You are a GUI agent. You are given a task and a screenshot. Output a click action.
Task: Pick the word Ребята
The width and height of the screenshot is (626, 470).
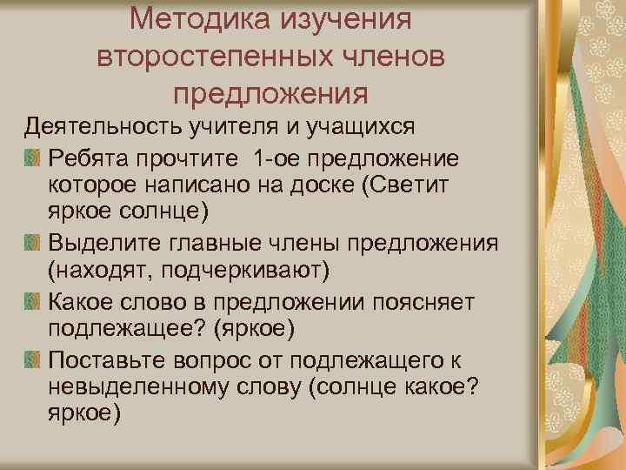pos(90,156)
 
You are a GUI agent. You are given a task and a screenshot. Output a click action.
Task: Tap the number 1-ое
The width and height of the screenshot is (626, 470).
pos(276,156)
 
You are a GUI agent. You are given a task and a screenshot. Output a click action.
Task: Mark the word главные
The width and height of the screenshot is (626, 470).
pos(214,241)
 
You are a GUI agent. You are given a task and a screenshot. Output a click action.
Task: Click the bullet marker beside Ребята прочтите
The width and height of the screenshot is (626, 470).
pos(32,157)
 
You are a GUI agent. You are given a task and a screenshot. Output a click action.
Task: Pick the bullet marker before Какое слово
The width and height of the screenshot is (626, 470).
pos(32,301)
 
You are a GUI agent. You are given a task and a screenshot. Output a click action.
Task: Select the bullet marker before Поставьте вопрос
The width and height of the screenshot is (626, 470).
pos(32,359)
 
